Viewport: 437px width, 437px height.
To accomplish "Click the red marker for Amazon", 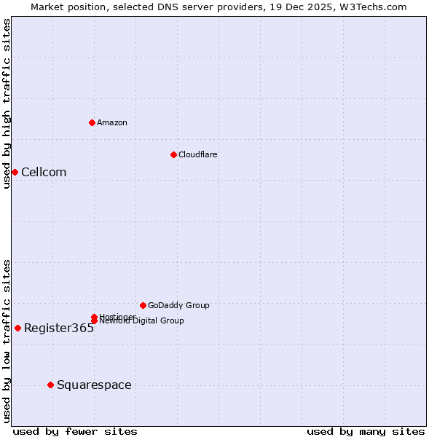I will pos(92,122).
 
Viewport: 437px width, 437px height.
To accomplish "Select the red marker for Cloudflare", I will pos(173,154).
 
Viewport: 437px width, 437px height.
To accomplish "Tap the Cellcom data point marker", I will pos(15,172).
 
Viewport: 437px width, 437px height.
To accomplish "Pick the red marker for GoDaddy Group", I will pos(143,305).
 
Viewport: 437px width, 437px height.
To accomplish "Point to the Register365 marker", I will pos(17,328).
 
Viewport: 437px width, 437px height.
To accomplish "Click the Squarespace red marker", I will pos(50,385).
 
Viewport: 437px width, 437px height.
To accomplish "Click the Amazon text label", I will pos(112,122).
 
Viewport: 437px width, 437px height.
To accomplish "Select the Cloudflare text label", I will pos(198,154).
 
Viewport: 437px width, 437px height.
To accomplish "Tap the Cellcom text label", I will pos(44,172).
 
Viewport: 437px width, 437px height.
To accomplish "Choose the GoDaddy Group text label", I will pos(178,305).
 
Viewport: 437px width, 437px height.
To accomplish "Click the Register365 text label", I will pos(59,328).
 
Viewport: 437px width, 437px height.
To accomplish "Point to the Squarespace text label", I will pos(94,385).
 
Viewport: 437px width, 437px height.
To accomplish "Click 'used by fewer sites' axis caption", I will pos(75,431).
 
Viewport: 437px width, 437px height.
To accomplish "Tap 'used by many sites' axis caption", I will pos(366,431).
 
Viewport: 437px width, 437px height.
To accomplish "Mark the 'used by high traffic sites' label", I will pos(7,103).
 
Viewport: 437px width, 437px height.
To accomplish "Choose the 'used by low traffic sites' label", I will pos(7,341).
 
